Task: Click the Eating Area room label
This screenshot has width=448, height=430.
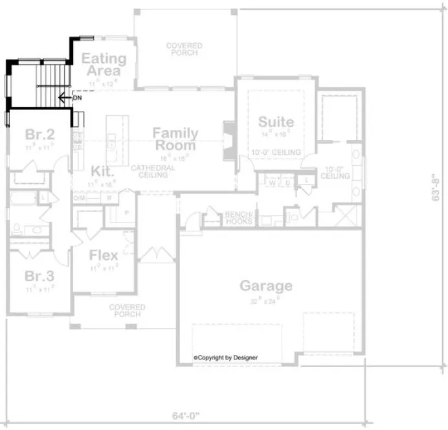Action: coord(104,64)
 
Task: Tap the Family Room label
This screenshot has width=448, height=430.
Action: coord(175,139)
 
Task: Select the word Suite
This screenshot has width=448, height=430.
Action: coord(276,122)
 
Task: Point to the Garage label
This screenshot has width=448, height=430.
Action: coord(266,286)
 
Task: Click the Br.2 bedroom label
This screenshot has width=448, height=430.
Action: coord(39,135)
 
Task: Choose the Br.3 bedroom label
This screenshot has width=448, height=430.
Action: coord(39,277)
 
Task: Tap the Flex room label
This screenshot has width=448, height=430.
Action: coord(104,255)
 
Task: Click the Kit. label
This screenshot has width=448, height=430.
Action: coord(102,172)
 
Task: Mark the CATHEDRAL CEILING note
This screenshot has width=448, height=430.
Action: coord(153,172)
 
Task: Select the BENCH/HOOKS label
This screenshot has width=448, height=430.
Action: coord(239,218)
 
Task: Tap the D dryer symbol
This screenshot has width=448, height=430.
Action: coord(287,183)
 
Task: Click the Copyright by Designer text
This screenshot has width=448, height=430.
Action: coord(225,357)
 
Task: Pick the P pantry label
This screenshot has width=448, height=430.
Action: coord(127,212)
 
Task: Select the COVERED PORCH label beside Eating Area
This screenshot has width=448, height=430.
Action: coord(184,49)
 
